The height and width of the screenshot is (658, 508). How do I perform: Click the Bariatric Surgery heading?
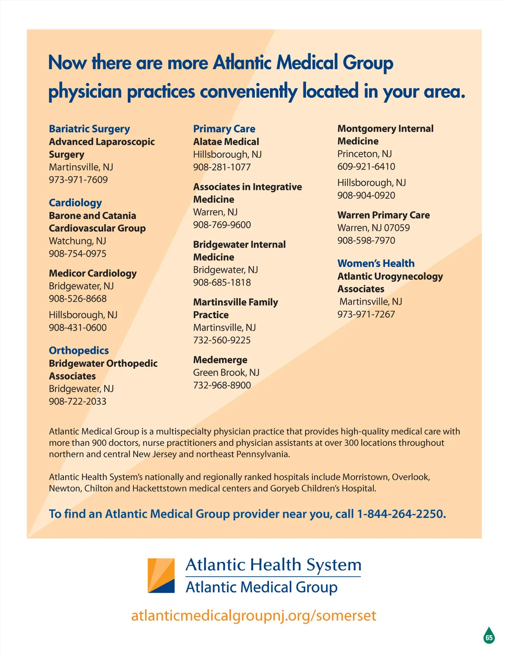(89, 129)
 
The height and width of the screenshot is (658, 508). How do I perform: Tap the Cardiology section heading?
(75, 203)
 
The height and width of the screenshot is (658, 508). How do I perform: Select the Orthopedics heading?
(79, 350)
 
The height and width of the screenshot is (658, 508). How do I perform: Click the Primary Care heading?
(224, 129)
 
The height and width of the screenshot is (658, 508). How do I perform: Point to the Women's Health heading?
(376, 263)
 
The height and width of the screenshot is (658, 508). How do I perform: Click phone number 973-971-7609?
(78, 180)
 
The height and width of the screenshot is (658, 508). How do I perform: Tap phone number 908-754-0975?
(77, 253)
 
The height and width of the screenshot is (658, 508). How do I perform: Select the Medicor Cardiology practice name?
(93, 273)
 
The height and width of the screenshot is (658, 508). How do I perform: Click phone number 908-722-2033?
(77, 401)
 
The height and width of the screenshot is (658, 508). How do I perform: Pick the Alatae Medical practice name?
(226, 142)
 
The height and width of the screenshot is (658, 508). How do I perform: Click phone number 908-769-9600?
(222, 225)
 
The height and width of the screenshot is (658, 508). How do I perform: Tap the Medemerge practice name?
(220, 360)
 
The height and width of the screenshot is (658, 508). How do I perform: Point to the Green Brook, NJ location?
(226, 372)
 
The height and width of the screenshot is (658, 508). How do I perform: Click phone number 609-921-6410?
(366, 167)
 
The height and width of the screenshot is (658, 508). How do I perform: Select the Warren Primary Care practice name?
(384, 215)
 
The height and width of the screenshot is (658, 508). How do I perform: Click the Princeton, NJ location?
(364, 154)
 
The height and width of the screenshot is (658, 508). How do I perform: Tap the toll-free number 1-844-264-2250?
(401, 514)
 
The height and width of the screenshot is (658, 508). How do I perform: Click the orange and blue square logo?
(161, 575)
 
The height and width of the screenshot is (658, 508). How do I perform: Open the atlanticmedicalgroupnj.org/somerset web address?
(254, 615)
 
